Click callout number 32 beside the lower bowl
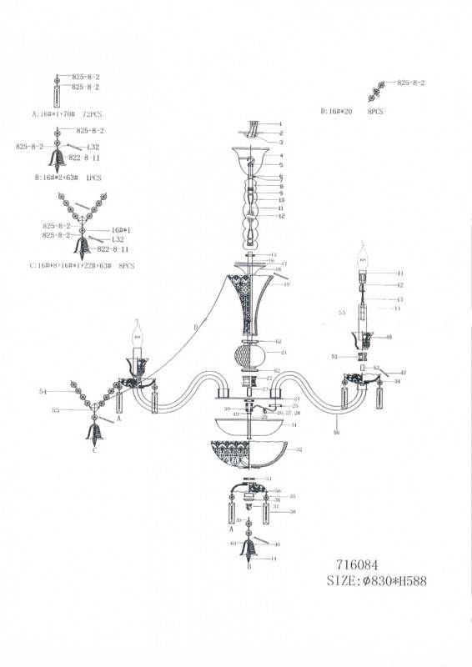(x=299, y=449)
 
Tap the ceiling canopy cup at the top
(x=250, y=157)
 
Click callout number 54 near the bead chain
(x=43, y=390)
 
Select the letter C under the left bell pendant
(x=94, y=451)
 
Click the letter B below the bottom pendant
(x=249, y=566)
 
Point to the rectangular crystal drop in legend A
(x=57, y=92)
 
